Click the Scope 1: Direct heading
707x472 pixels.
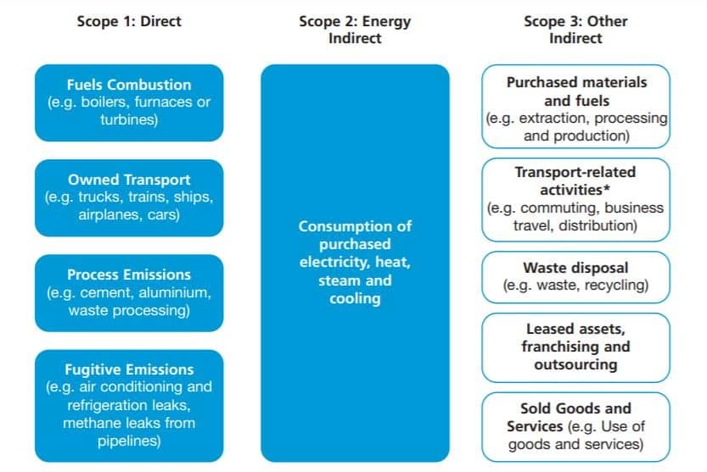click(x=129, y=21)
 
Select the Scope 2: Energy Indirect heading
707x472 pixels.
click(x=355, y=30)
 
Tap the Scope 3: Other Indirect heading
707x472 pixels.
click(x=575, y=30)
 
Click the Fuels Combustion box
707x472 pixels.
click(x=129, y=103)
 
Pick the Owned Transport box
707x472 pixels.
click(x=129, y=197)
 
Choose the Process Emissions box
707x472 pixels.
click(x=129, y=292)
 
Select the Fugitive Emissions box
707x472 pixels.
click(x=129, y=406)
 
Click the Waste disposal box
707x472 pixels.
click(x=575, y=277)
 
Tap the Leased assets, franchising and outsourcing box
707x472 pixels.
click(x=575, y=347)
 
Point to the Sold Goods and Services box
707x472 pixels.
click(x=575, y=427)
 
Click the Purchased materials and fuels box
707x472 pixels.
click(x=575, y=106)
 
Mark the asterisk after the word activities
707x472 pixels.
click(x=607, y=187)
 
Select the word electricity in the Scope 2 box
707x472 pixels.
click(x=334, y=262)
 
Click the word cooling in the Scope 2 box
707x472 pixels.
click(x=355, y=299)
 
